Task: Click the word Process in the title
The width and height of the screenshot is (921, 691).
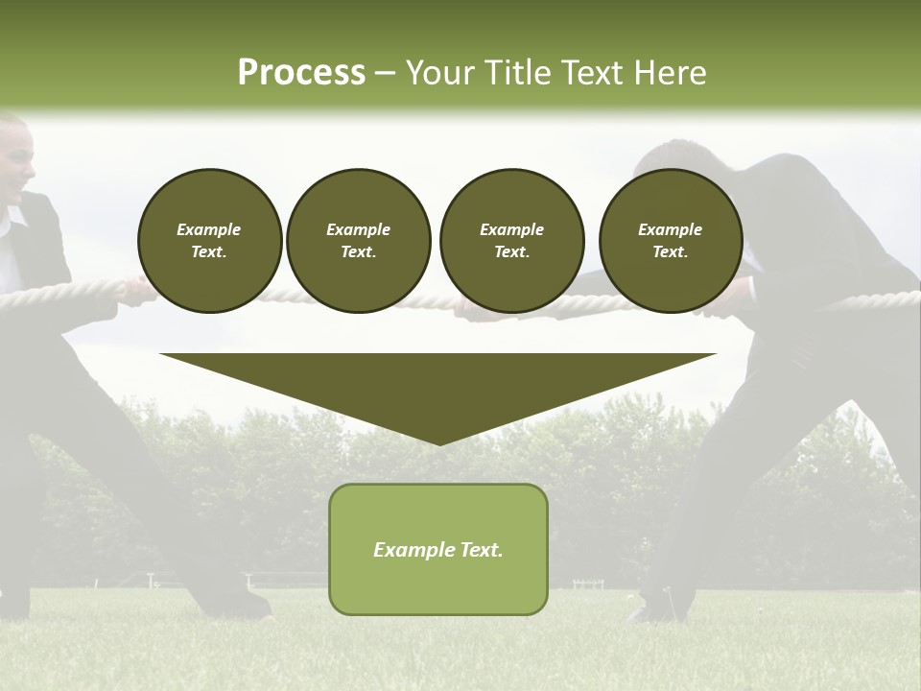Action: [x=301, y=73]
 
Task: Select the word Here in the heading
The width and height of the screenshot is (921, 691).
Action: [x=671, y=73]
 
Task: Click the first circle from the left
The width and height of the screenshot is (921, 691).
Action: [x=209, y=241]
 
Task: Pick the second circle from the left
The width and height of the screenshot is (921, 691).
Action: [x=358, y=241]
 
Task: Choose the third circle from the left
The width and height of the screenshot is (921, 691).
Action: [x=511, y=241]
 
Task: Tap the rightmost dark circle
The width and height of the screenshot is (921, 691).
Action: [x=671, y=241]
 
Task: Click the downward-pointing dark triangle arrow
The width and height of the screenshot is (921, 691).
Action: [x=438, y=389]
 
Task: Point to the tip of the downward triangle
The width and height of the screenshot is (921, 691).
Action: [x=438, y=442]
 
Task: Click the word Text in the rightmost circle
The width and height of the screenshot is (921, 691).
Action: [x=670, y=252]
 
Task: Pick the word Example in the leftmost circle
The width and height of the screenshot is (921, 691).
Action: [x=209, y=229]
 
